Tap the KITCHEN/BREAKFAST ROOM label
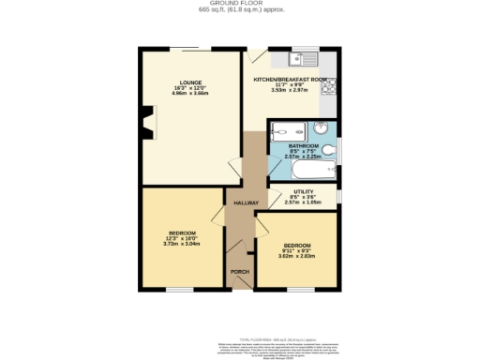pyautogui.click(x=290, y=80)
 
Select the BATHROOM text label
pyautogui.click(x=304, y=146)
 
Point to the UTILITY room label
pyautogui.click(x=303, y=191)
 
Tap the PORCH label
pyautogui.click(x=240, y=275)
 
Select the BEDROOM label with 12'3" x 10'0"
pyautogui.click(x=182, y=232)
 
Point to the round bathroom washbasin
pyautogui.click(x=332, y=130)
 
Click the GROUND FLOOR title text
pyautogui.click(x=239, y=4)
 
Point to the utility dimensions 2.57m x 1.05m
pyautogui.click(x=303, y=202)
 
